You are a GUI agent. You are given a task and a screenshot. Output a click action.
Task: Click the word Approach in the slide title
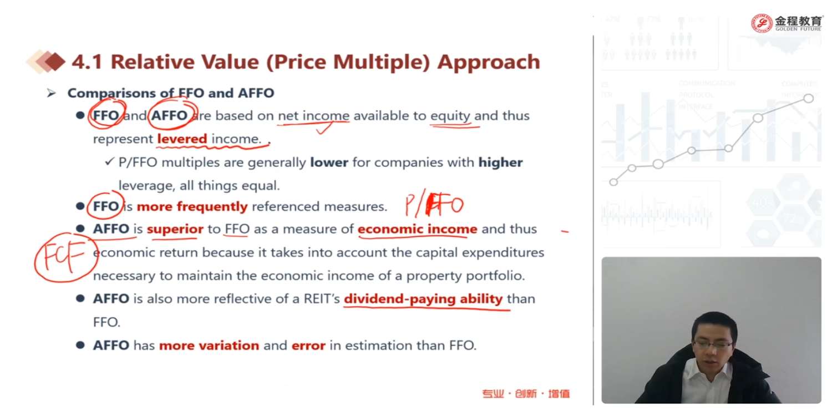[489, 62]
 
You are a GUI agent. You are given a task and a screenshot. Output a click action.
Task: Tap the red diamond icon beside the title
[55, 61]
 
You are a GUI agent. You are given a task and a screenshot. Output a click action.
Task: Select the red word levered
[182, 139]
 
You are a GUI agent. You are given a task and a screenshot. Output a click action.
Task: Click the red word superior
[175, 229]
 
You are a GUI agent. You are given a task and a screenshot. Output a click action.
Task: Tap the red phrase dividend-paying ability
[423, 299]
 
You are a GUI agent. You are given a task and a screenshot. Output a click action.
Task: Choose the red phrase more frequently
[192, 206]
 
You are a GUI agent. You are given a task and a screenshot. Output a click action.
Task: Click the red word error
[308, 346]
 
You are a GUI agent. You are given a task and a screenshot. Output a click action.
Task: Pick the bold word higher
[500, 163]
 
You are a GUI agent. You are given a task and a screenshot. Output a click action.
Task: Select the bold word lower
[329, 163]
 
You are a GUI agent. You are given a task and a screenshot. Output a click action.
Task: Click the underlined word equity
[450, 116]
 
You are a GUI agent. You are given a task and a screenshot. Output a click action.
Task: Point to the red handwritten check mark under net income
[324, 129]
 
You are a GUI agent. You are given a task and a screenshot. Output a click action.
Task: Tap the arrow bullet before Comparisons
[51, 93]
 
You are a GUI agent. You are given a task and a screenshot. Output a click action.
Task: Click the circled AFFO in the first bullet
[170, 115]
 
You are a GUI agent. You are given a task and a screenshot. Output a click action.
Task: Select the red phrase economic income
[418, 229]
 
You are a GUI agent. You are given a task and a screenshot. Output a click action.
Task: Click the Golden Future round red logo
[762, 23]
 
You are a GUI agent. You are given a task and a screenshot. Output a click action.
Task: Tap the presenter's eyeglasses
[713, 344]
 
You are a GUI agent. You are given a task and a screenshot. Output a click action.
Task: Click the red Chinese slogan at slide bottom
[526, 393]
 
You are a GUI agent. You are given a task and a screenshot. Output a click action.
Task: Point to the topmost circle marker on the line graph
[808, 98]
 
